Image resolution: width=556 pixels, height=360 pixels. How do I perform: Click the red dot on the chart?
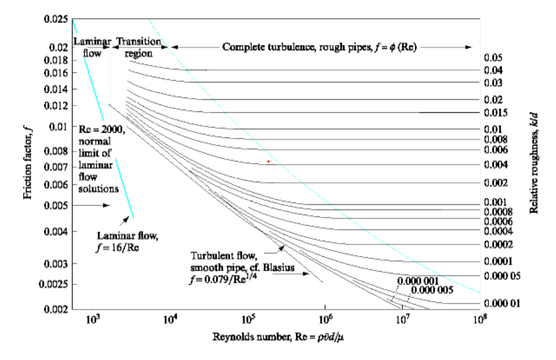(x=268, y=162)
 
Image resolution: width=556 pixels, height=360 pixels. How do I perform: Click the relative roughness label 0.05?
(x=494, y=58)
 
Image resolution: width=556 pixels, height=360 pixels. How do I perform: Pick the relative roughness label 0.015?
(x=496, y=112)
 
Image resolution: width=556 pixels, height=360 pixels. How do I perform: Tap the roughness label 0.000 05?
(x=502, y=276)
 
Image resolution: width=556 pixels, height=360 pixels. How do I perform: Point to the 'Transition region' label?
(x=138, y=48)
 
